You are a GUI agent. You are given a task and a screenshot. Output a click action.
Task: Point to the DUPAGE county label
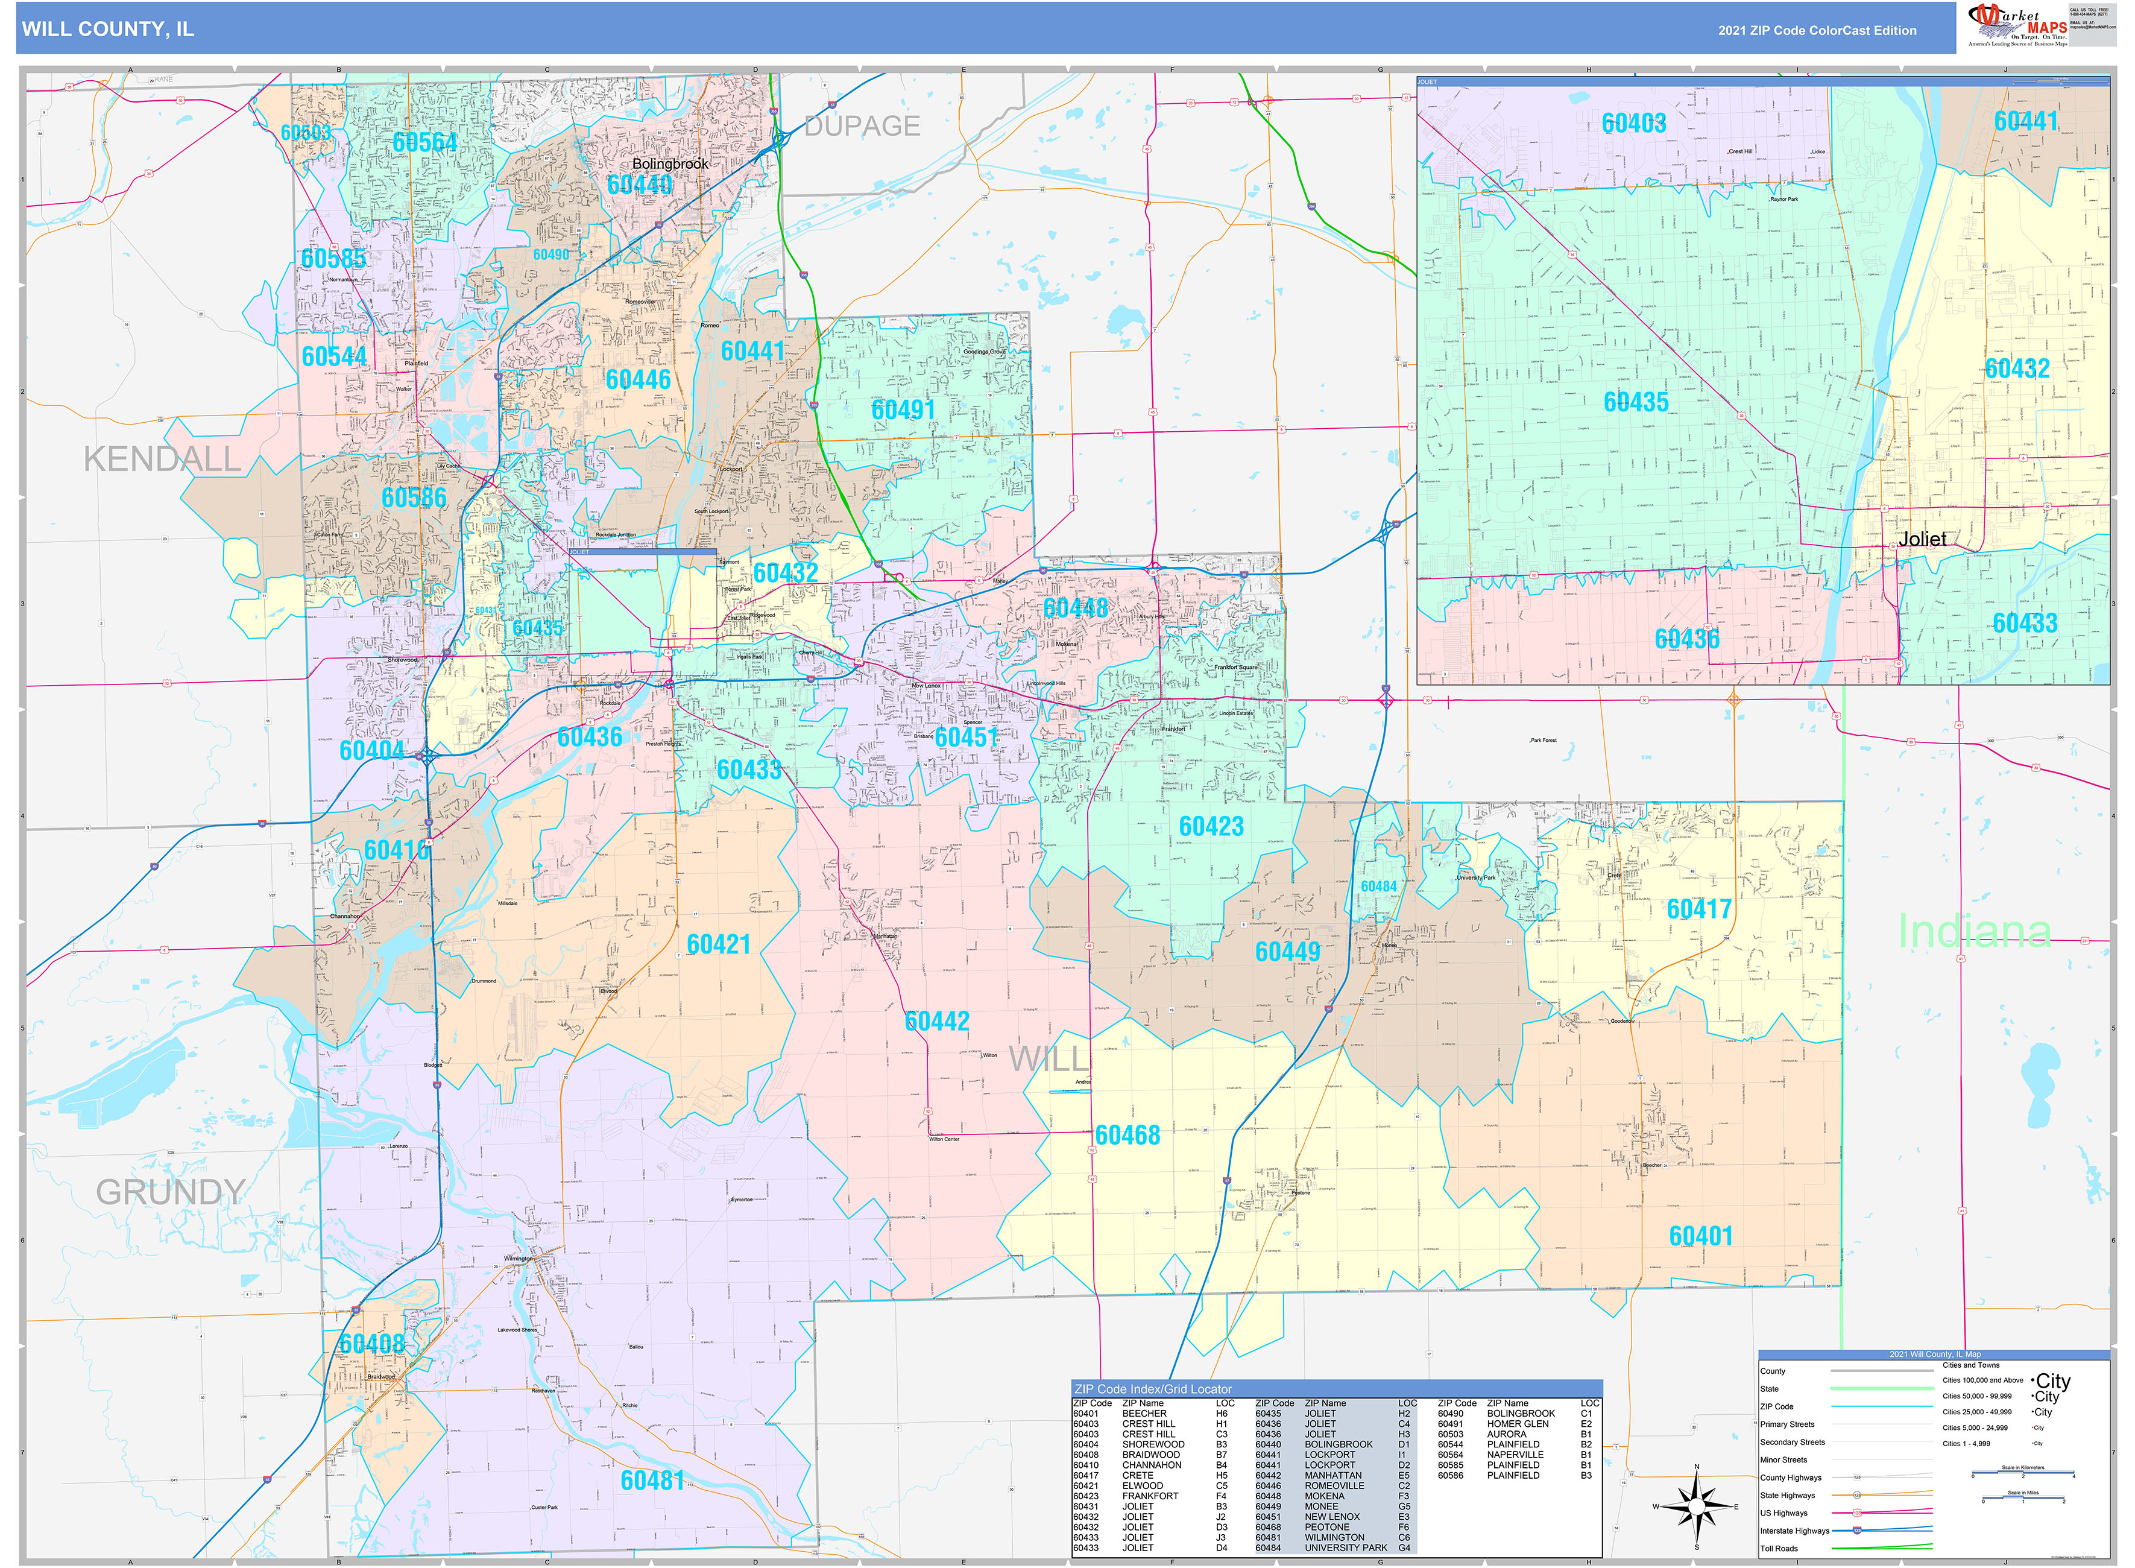[862, 126]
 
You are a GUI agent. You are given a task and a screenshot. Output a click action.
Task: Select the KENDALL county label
[162, 460]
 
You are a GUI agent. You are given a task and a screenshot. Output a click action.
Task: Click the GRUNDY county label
[171, 1192]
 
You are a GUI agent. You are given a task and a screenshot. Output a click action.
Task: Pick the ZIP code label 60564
[424, 142]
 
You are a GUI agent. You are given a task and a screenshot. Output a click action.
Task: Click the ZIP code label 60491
[903, 410]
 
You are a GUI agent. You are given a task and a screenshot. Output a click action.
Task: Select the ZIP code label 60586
[414, 498]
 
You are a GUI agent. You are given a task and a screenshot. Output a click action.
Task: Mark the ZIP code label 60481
[652, 1481]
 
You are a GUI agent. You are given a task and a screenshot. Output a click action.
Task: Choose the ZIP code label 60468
[1127, 1135]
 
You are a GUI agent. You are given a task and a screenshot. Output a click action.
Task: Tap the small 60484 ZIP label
[1378, 887]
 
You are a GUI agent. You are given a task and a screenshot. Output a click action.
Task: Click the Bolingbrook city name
[670, 163]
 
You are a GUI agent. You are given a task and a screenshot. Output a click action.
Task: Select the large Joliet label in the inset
[1922, 539]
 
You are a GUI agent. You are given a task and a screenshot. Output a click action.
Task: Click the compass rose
[1697, 1506]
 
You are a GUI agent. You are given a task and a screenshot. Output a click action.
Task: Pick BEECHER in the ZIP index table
[1144, 1413]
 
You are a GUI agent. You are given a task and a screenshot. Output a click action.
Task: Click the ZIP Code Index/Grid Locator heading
[1153, 1389]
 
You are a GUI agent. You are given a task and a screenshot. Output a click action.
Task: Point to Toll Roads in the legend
[1779, 1548]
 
